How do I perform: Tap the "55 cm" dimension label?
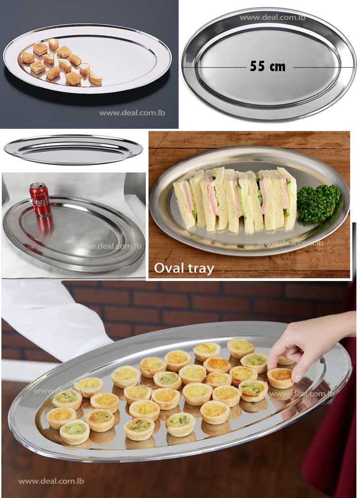click(x=268, y=67)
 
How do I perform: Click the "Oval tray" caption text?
click(x=184, y=268)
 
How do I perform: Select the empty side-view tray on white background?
click(x=73, y=149)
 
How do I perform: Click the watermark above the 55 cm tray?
click(x=272, y=18)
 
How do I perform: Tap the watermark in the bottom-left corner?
click(x=51, y=481)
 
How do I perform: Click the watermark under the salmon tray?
click(x=132, y=113)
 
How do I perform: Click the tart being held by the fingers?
click(x=280, y=377)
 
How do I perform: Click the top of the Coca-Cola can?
click(x=38, y=185)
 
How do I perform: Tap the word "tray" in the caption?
click(x=200, y=269)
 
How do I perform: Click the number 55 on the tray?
click(x=257, y=67)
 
